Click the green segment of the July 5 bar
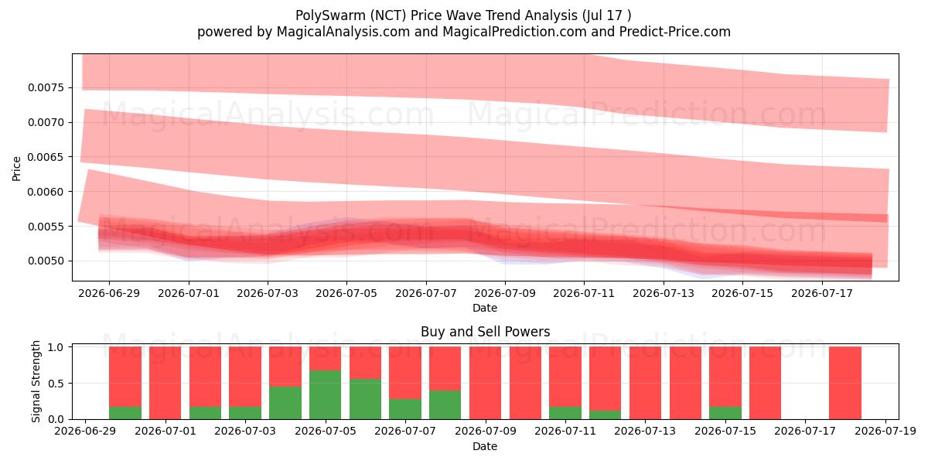pos(326,395)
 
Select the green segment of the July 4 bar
pos(285,403)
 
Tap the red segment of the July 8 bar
pos(445,369)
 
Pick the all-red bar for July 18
pos(845,384)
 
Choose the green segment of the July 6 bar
pos(365,399)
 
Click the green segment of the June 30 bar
pos(125,413)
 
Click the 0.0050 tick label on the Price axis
pos(46,261)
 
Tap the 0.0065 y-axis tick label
pos(46,157)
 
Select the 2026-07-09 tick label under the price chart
pos(505,293)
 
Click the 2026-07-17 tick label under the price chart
pos(822,293)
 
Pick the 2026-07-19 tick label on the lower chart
pos(885,432)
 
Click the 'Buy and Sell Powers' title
pos(485,332)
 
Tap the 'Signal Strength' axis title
pos(36,381)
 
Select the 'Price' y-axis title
pos(16,169)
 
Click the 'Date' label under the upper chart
pos(485,308)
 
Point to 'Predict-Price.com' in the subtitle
pos(675,32)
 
